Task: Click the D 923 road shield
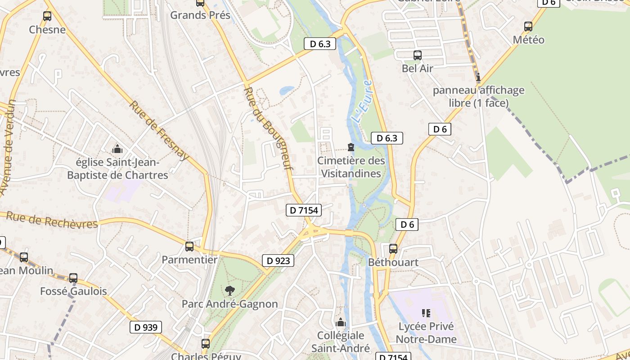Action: click(x=278, y=261)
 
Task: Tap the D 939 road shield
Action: click(x=146, y=327)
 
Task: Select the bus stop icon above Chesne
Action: click(x=47, y=17)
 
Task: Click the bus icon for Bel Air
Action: click(x=418, y=55)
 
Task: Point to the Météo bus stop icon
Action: click(x=528, y=27)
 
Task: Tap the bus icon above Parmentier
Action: click(x=189, y=247)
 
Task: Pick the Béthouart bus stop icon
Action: click(x=393, y=249)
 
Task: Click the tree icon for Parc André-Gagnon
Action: click(x=229, y=291)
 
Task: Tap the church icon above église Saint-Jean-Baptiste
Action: click(x=117, y=149)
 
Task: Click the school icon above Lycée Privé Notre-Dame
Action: click(x=426, y=313)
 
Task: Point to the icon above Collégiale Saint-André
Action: click(x=341, y=322)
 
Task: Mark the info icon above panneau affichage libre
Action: click(x=478, y=77)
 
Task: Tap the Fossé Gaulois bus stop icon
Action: click(x=73, y=278)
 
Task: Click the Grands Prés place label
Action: click(x=200, y=15)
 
